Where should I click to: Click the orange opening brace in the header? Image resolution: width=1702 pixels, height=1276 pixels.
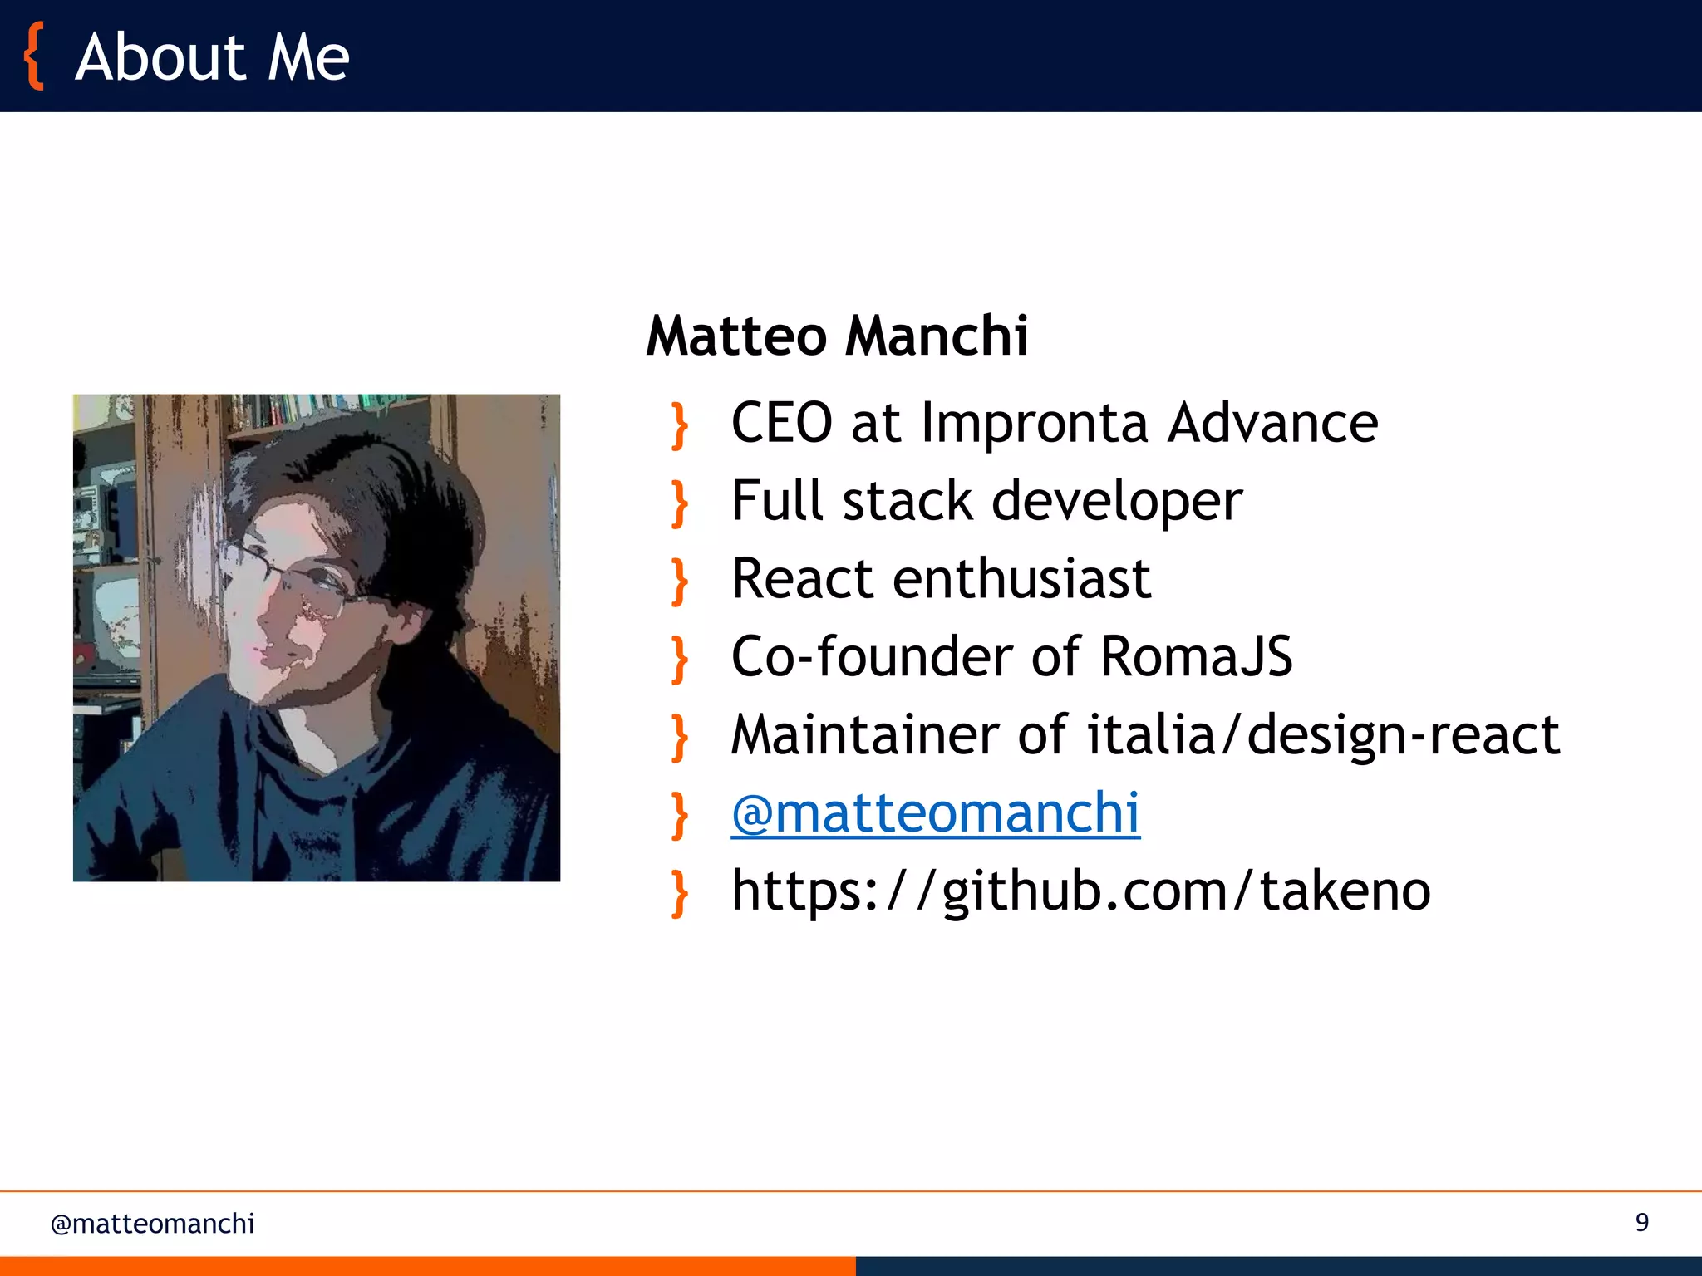coord(33,56)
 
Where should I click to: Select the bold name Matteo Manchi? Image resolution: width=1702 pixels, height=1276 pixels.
coord(837,336)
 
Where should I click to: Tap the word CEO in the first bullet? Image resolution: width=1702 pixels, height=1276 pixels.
coord(781,423)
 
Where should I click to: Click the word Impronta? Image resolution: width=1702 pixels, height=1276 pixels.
coord(1035,425)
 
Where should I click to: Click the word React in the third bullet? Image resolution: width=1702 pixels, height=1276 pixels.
coord(802,578)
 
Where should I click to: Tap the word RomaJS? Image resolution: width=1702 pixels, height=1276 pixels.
coord(1196,656)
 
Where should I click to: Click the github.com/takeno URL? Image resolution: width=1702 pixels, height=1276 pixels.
coord(1080,891)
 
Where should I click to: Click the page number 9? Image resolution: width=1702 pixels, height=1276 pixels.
coord(1641,1222)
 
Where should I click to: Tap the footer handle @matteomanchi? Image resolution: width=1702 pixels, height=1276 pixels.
coord(152,1224)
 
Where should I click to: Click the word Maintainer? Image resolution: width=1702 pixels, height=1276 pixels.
coord(864,735)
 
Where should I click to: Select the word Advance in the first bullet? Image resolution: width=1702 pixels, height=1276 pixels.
coord(1272,423)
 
